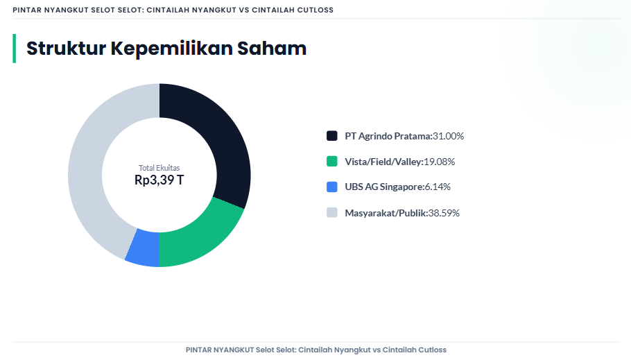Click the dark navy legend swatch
(331, 136)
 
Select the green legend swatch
(331, 162)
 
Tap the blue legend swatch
(331, 187)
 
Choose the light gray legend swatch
(331, 212)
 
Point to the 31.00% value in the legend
(448, 136)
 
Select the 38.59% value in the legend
(444, 212)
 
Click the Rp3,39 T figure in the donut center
(159, 180)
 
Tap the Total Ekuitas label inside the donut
(159, 168)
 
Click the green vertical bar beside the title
(14, 48)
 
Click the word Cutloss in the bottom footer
(432, 350)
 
